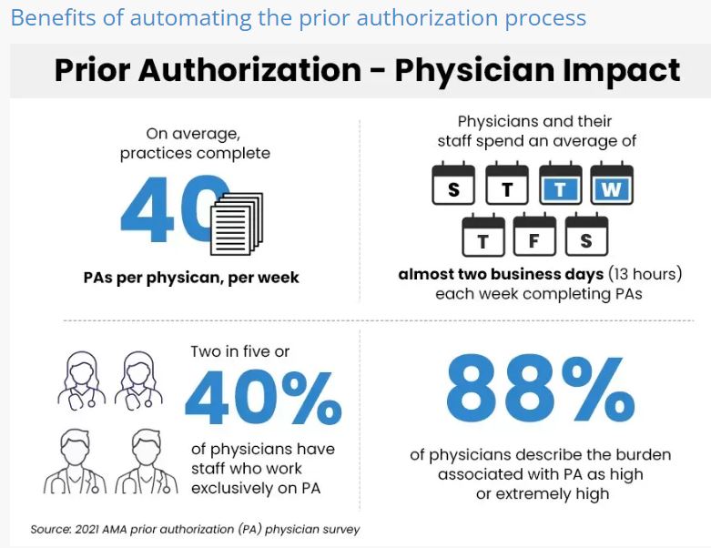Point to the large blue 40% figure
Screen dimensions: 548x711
[x=263, y=397]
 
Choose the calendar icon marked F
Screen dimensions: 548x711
[x=534, y=238]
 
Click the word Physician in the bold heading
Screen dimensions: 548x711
[x=490, y=70]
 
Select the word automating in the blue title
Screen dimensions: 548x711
[x=177, y=18]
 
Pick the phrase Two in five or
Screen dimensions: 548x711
[x=240, y=350]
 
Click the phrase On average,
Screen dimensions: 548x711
[x=194, y=134]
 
